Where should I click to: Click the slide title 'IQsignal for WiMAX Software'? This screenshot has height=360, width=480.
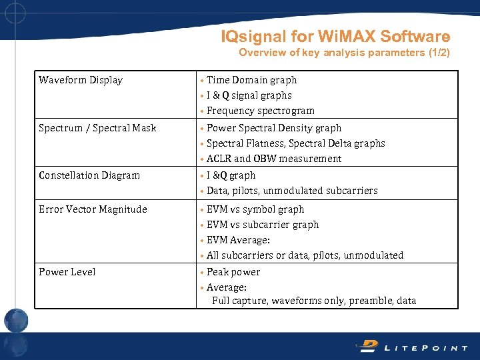(x=335, y=37)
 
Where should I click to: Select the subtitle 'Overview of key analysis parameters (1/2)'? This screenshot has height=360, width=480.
(x=344, y=53)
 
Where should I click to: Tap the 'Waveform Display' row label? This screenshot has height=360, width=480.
(x=81, y=80)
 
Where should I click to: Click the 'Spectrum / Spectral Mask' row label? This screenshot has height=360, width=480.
(x=97, y=127)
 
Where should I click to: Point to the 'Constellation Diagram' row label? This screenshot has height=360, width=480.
(x=89, y=175)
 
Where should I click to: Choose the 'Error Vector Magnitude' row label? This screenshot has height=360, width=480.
(x=93, y=209)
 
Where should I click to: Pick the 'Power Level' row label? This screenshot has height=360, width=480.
(x=67, y=272)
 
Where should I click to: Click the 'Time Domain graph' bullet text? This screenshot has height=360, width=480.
(x=251, y=80)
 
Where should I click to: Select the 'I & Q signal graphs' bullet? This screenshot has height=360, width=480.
(x=249, y=95)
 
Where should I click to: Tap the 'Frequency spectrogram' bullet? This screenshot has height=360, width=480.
(x=260, y=111)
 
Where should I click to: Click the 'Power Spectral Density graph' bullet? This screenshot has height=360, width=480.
(x=274, y=127)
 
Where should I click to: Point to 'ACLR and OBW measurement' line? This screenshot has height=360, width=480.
(x=273, y=159)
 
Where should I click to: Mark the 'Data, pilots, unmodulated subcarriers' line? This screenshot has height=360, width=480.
(x=292, y=191)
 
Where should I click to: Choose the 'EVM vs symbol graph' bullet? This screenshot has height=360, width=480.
(x=255, y=209)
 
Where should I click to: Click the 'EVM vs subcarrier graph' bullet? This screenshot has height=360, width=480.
(x=263, y=225)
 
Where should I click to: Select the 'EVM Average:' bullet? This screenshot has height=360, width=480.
(x=238, y=240)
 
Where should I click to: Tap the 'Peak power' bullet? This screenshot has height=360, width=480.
(x=233, y=272)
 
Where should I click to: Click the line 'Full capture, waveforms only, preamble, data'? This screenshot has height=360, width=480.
(x=314, y=301)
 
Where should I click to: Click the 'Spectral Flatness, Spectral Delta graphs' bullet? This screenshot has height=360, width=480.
(x=295, y=143)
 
